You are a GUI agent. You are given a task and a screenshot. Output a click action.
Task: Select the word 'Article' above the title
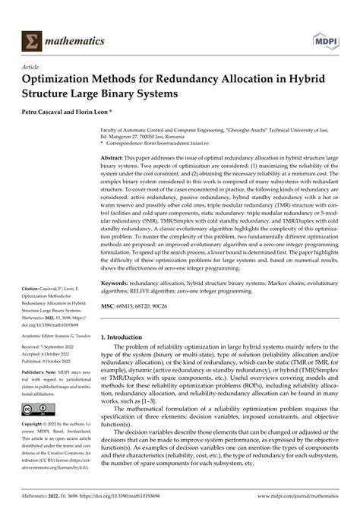click(x=33, y=67)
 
